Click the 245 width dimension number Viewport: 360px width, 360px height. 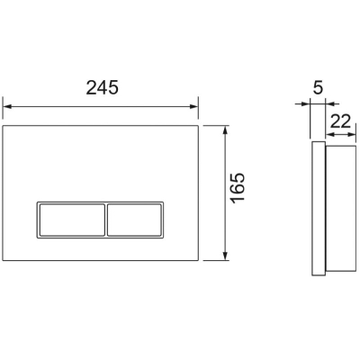(103, 88)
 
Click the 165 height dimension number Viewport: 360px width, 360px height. (238, 188)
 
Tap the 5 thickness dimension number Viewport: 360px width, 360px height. (318, 87)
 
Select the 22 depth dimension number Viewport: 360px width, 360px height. (340, 121)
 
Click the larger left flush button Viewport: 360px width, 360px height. (71, 220)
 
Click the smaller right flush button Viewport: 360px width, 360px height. (134, 220)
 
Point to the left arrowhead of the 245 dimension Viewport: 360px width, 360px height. (7, 106)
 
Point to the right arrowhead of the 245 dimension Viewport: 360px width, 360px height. (193, 106)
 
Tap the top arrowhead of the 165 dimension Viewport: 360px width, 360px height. (225, 130)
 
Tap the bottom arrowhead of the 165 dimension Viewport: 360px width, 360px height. (225, 256)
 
